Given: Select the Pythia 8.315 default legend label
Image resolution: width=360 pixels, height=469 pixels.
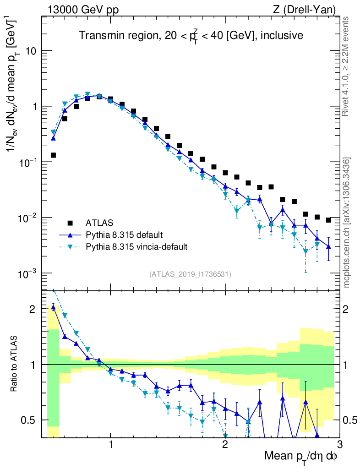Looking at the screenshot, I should coord(124,235).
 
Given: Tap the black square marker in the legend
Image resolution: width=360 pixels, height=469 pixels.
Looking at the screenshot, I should coord(70,223).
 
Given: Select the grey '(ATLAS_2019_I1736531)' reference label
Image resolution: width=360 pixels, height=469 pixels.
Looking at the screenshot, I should coord(190,274).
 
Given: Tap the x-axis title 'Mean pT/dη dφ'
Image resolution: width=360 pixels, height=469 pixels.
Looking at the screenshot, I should coord(301,456).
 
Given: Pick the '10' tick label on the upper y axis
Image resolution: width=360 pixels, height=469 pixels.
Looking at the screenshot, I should coord(31,51).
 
